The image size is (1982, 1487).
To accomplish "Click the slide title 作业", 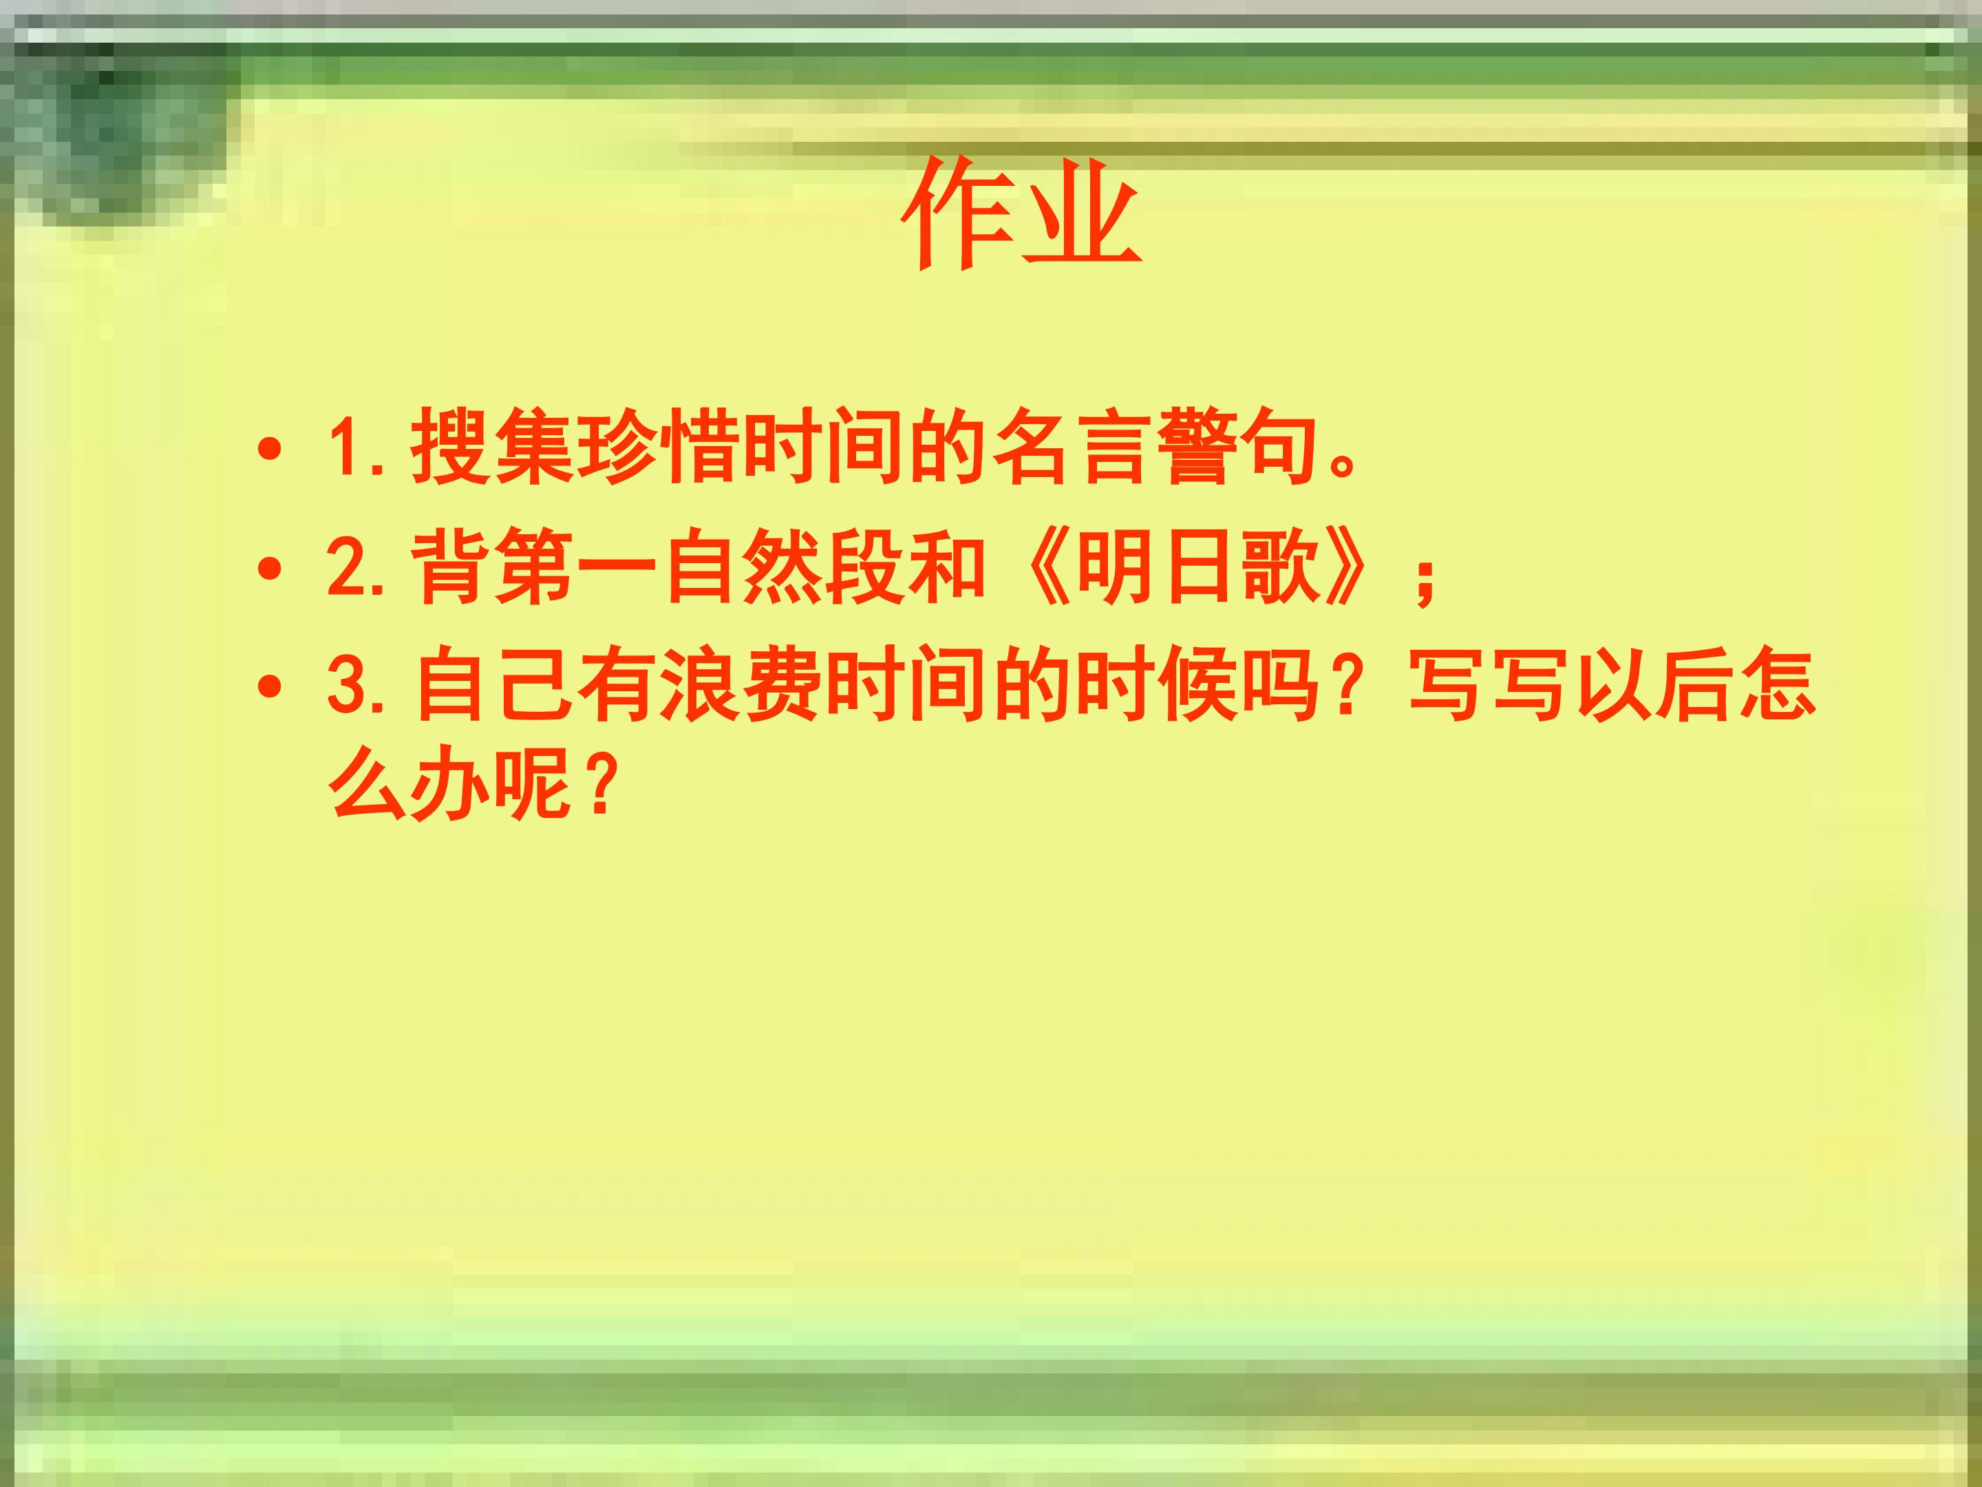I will pyautogui.click(x=1021, y=213).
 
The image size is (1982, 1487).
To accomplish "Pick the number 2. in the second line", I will pyautogui.click(x=356, y=567).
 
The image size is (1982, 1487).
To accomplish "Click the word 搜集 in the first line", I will pyautogui.click(x=492, y=446).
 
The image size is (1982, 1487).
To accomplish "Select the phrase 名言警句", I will pyautogui.click(x=1157, y=446).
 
